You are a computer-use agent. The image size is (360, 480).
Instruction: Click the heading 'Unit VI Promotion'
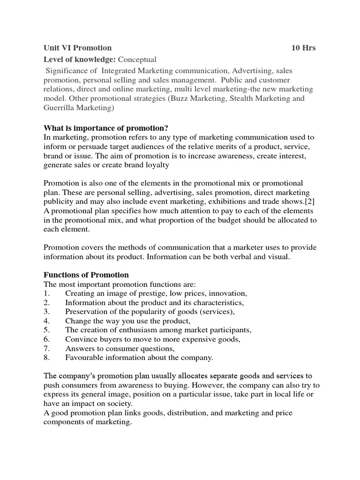click(x=78, y=48)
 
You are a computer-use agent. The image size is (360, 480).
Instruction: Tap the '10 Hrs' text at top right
click(x=303, y=48)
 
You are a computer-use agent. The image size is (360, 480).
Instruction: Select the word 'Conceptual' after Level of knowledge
click(x=137, y=60)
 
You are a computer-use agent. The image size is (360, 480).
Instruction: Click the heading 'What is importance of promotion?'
click(x=105, y=128)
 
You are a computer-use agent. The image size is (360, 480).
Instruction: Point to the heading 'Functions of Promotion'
click(x=86, y=275)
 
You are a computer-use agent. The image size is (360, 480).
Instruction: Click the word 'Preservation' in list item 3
click(x=86, y=312)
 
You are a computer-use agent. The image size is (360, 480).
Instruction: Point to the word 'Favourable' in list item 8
click(x=84, y=358)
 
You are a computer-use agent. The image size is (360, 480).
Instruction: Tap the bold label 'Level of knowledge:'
click(x=80, y=60)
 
